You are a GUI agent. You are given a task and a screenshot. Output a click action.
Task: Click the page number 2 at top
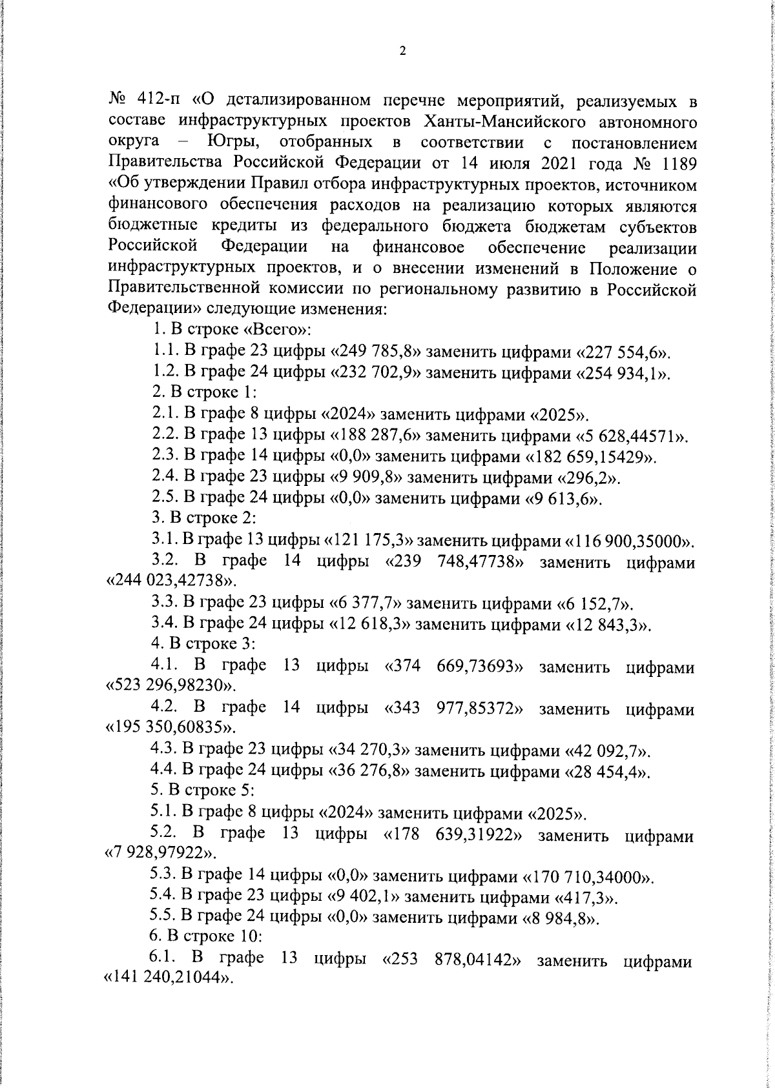pos(402,52)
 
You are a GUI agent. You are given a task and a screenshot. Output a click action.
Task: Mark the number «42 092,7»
pos(607,751)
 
